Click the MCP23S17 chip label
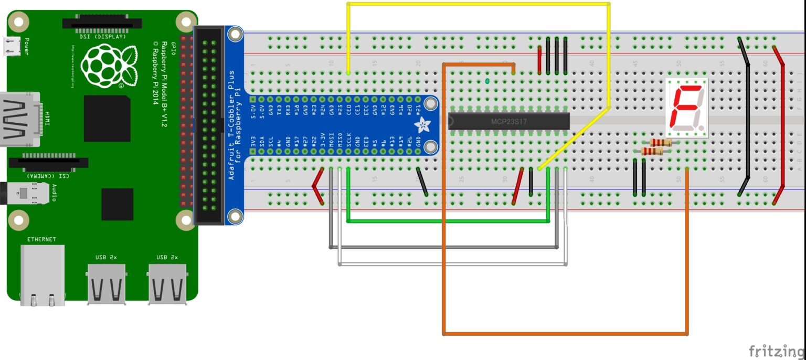click(x=508, y=122)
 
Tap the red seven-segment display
click(x=686, y=108)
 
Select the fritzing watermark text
click(x=776, y=350)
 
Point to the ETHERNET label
click(x=41, y=239)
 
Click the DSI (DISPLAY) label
click(x=103, y=37)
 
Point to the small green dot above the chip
click(x=488, y=81)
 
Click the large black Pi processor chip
click(x=107, y=118)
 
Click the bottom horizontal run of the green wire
click(x=446, y=221)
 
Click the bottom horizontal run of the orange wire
click(x=564, y=333)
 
